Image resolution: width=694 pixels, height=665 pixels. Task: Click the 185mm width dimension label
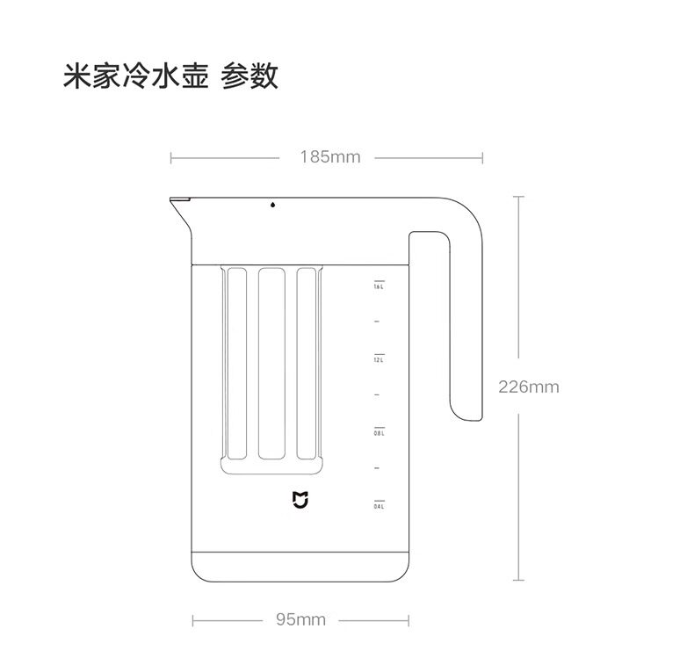click(329, 157)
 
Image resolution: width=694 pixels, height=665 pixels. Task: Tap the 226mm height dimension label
click(529, 387)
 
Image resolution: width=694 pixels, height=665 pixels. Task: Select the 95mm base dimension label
click(300, 619)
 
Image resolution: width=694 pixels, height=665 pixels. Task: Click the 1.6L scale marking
click(379, 286)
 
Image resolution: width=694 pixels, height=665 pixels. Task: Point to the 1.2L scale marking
click(379, 359)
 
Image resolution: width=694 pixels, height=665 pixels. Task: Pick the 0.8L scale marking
click(379, 433)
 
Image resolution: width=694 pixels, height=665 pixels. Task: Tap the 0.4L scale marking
click(379, 506)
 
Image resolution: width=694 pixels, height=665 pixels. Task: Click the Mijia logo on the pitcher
click(300, 500)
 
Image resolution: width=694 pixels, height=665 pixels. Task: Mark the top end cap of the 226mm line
click(518, 197)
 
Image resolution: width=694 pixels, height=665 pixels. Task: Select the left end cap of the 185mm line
click(170, 158)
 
